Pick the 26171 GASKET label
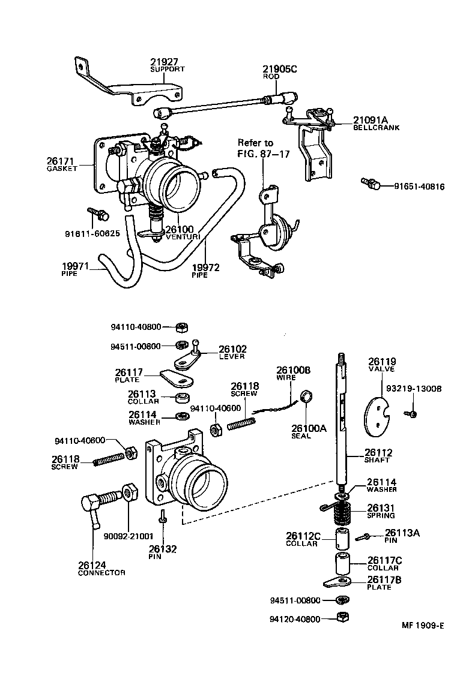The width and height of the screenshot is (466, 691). tap(62, 164)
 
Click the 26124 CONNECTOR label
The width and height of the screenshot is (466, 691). tap(101, 567)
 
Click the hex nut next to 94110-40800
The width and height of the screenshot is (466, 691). tap(181, 328)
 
